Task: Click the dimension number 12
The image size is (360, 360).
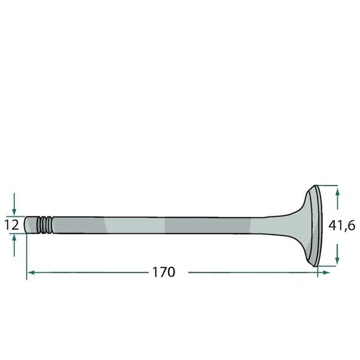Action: tap(12, 225)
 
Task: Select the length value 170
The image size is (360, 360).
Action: tap(164, 272)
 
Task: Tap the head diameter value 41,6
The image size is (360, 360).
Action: tap(342, 226)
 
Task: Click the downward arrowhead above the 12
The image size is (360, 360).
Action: tap(14, 211)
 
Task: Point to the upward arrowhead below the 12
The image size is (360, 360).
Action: tap(14, 239)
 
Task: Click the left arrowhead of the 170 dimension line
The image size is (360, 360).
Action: tap(32, 272)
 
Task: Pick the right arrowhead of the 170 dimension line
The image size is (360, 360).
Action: tap(326, 272)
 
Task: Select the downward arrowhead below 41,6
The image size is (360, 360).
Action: tap(337, 259)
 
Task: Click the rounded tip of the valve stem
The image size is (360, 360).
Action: tap(26, 225)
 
